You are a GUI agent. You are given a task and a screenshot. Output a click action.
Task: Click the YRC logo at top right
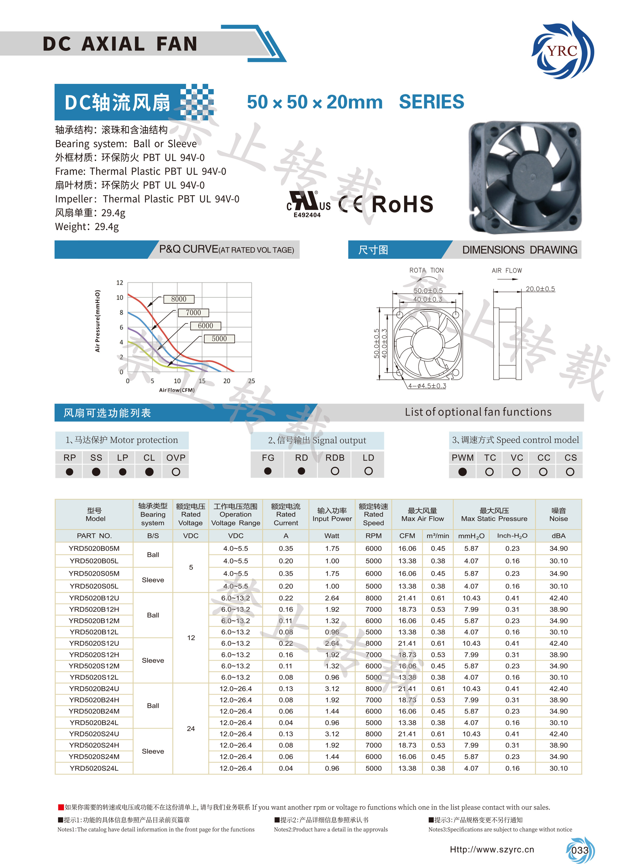(562, 50)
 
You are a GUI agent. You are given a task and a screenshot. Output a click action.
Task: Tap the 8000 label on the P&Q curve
(179, 299)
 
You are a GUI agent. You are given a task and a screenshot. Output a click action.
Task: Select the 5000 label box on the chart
(219, 339)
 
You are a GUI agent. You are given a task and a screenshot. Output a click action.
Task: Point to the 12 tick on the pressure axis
(120, 283)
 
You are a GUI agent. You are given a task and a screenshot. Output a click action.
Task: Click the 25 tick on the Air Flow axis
(251, 381)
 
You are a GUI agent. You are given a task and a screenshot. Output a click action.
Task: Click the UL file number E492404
(307, 215)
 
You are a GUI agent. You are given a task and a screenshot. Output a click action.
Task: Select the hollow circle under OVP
(176, 472)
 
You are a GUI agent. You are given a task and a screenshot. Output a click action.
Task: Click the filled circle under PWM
(462, 472)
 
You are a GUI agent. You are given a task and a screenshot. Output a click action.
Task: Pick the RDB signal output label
(335, 458)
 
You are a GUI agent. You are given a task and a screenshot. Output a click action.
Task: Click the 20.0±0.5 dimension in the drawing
(540, 289)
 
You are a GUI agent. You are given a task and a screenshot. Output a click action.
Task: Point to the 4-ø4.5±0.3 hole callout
(427, 386)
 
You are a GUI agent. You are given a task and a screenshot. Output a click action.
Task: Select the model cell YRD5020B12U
(94, 598)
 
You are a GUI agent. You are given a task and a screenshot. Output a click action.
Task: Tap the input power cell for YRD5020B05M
(332, 549)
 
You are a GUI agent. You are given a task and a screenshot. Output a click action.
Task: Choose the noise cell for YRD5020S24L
(559, 768)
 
